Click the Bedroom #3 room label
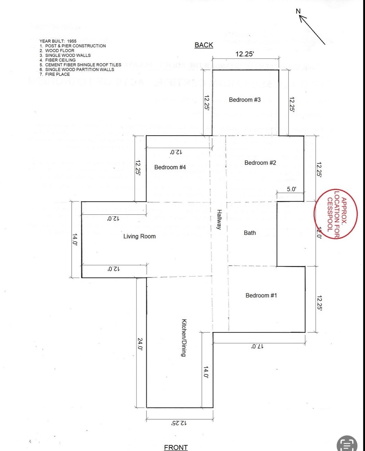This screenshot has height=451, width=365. click(245, 100)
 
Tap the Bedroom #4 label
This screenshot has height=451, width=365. click(170, 167)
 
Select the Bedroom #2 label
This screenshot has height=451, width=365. click(260, 163)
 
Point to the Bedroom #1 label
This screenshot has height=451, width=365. click(261, 295)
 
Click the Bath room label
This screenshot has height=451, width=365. click(250, 233)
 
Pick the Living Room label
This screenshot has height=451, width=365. click(139, 236)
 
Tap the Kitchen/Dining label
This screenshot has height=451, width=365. click(184, 338)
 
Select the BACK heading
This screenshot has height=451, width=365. click(204, 45)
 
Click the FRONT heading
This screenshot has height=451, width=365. click(176, 447)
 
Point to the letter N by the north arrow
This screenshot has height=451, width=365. click(298, 11)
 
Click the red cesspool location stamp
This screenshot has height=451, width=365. click(336, 213)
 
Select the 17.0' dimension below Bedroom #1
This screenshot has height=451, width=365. click(258, 346)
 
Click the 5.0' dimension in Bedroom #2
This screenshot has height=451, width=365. click(291, 189)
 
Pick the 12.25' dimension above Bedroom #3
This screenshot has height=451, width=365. click(245, 54)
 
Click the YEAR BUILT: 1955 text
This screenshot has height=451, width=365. click(58, 41)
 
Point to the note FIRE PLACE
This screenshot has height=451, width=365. click(57, 74)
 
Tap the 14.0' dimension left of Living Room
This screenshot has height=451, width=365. click(75, 240)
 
